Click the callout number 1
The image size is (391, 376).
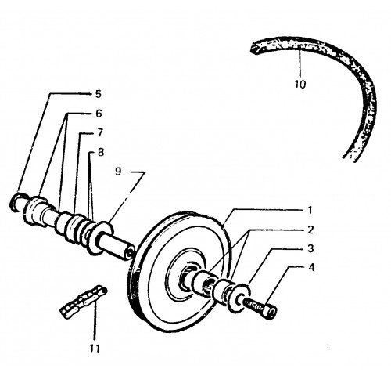(x=310, y=210)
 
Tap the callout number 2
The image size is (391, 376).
(x=310, y=230)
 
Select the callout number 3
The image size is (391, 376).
(x=310, y=249)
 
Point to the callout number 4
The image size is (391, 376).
(x=311, y=268)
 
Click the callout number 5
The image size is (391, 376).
(x=98, y=94)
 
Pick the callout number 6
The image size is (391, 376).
(x=99, y=114)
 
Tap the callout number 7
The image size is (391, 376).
(x=100, y=133)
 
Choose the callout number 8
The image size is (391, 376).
(x=101, y=152)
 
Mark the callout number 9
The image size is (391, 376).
(x=118, y=172)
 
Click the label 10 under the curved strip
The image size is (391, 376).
(x=300, y=84)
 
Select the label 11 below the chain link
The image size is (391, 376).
(x=95, y=348)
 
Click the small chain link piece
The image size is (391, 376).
(x=84, y=302)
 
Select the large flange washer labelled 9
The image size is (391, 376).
(x=100, y=238)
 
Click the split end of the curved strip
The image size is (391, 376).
(x=254, y=49)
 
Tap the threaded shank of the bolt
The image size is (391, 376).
(x=253, y=305)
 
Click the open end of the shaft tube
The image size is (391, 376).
(x=130, y=253)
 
